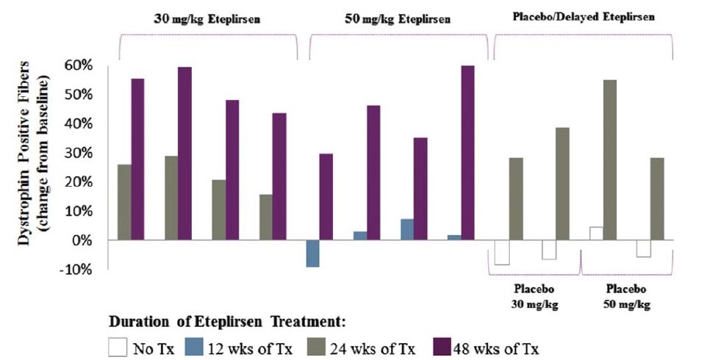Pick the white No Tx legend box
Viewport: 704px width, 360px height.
[x=118, y=345]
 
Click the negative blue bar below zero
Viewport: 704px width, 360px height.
[x=312, y=253]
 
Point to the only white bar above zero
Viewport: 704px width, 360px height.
[x=596, y=234]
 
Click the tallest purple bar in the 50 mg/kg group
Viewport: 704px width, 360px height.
[x=467, y=153]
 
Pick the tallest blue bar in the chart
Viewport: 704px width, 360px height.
[x=406, y=229]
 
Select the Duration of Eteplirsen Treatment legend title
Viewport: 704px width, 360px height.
[x=229, y=322]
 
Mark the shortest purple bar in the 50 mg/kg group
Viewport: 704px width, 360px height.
[x=326, y=197]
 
